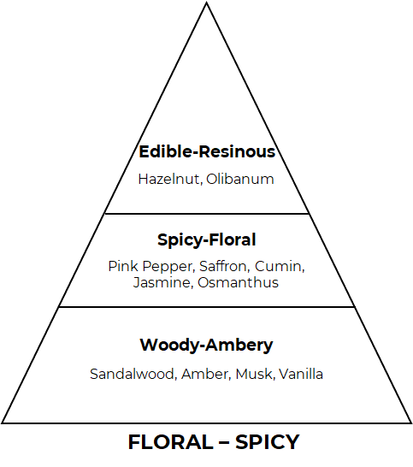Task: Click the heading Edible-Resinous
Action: click(x=207, y=151)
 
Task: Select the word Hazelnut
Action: click(x=170, y=180)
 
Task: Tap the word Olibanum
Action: click(x=240, y=180)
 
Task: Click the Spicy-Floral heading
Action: click(x=207, y=240)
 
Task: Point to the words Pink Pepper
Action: click(x=151, y=267)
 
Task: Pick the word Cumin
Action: click(x=280, y=266)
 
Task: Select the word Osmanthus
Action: click(x=239, y=282)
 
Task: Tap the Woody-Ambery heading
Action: click(x=206, y=346)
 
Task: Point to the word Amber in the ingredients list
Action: click(x=206, y=374)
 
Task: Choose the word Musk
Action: click(x=255, y=374)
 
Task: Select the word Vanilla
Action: click(x=301, y=374)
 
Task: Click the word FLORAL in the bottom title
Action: click(x=170, y=442)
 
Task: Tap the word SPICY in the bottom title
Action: click(x=268, y=442)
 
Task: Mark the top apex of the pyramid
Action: click(x=206, y=3)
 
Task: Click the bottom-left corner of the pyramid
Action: click(x=3, y=423)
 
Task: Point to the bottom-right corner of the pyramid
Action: click(x=411, y=423)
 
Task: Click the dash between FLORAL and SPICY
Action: click(x=224, y=442)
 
